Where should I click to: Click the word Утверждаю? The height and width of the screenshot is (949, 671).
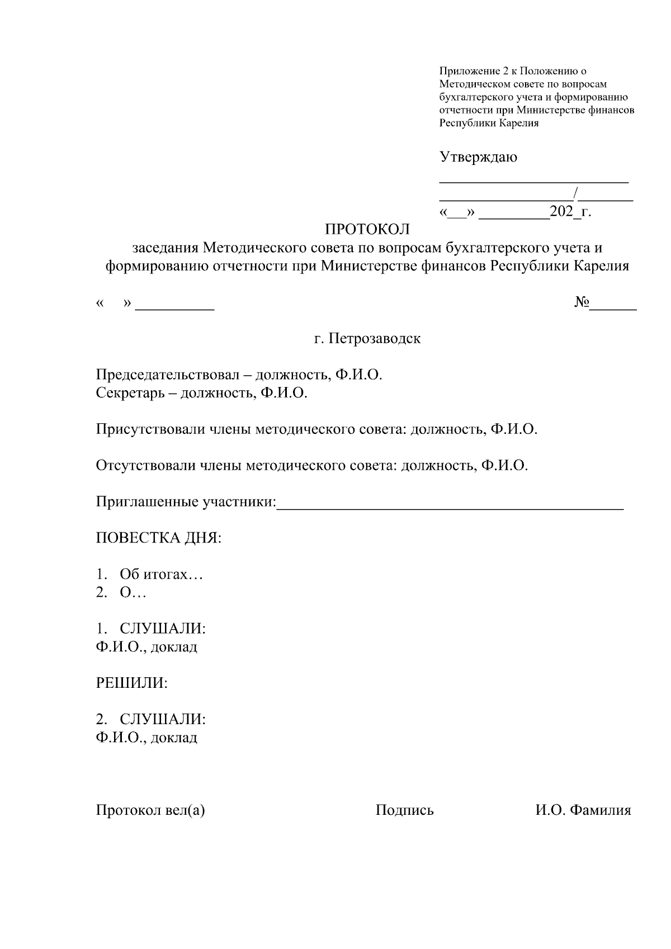coord(478,157)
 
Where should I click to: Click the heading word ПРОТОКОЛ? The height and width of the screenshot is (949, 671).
coord(367,229)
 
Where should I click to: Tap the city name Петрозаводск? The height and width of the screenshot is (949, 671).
coord(375,338)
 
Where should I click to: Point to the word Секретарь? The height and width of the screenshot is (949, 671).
coord(129,393)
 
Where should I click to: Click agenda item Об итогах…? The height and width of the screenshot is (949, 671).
coord(161,574)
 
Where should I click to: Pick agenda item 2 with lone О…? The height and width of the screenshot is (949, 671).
coord(133,593)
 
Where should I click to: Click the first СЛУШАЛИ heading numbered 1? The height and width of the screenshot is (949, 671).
coord(162,629)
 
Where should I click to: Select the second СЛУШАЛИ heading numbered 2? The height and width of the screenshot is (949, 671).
coord(162,719)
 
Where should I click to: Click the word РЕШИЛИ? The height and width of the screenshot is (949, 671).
coord(132,683)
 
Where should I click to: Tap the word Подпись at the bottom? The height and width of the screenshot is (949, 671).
coord(404,810)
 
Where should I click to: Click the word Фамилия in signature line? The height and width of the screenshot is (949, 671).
coord(601,810)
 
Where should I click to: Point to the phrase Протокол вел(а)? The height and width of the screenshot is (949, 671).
coord(150,810)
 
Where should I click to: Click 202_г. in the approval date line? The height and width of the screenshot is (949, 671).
coord(570,212)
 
